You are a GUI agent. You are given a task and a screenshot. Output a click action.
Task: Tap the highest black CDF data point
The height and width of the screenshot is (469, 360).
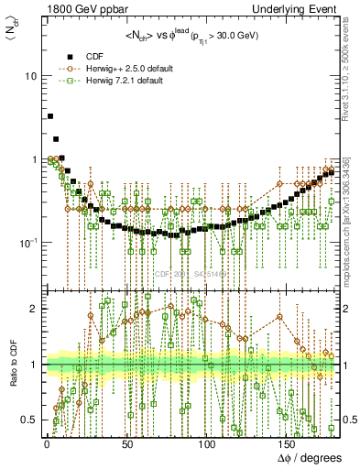click(x=50, y=116)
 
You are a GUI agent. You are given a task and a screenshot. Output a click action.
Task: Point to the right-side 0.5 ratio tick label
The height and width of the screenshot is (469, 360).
click(x=348, y=420)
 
